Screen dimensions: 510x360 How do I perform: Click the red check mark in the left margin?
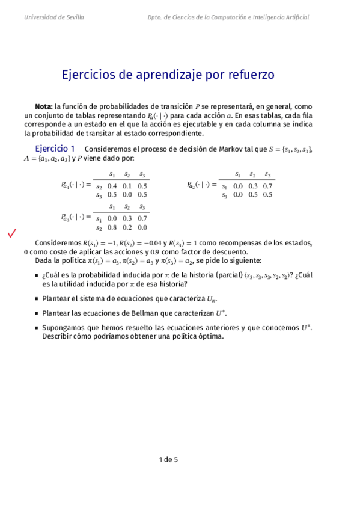pos(11,233)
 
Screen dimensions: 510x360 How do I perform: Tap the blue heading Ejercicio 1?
pos(54,149)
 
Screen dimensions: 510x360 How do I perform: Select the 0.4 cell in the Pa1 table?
pos(112,186)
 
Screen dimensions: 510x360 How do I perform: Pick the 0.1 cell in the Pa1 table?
pos(127,186)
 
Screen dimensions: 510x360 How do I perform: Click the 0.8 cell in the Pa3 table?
pos(112,227)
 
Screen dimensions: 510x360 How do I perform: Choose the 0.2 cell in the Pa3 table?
pos(127,227)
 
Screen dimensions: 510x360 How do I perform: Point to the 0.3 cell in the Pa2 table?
pos(253,186)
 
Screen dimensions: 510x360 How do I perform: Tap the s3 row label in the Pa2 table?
pos(224,195)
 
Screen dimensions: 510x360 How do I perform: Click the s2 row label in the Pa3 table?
pos(99,227)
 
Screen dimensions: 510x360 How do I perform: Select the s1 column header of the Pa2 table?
pos(238,174)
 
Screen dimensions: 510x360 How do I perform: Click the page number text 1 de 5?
pos(168,460)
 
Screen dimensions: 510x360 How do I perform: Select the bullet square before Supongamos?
pos(37,328)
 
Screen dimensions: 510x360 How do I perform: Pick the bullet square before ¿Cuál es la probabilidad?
pos(37,275)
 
